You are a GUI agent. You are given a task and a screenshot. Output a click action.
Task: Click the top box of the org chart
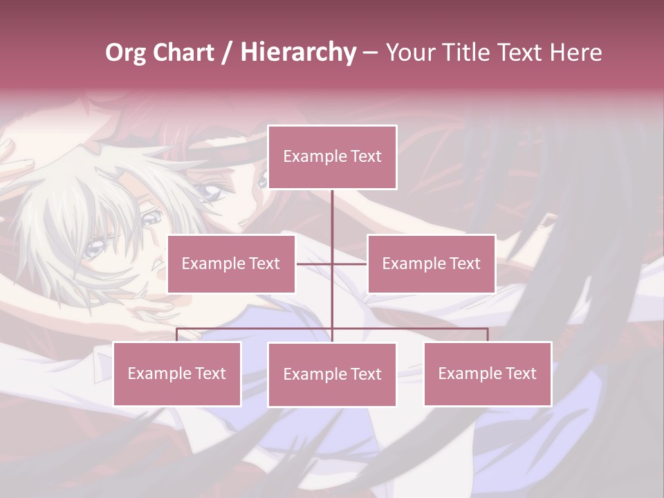tap(332, 157)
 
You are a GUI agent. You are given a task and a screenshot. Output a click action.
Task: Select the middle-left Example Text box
tap(231, 264)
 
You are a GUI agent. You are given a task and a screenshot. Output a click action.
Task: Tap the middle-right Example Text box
tap(431, 264)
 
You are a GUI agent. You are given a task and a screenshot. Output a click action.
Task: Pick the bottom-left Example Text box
tap(177, 373)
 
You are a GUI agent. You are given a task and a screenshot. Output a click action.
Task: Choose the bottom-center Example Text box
tap(332, 374)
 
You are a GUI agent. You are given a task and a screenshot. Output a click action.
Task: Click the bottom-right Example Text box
tap(488, 373)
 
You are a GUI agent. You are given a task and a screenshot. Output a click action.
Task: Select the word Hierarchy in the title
tap(298, 53)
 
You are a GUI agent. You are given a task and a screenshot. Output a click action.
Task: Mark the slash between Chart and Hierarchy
tap(227, 53)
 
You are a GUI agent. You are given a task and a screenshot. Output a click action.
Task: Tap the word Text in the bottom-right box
tap(520, 373)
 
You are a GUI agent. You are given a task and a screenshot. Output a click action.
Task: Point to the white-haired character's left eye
tap(151, 221)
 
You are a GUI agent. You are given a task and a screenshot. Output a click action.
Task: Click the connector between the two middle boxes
tap(332, 264)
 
